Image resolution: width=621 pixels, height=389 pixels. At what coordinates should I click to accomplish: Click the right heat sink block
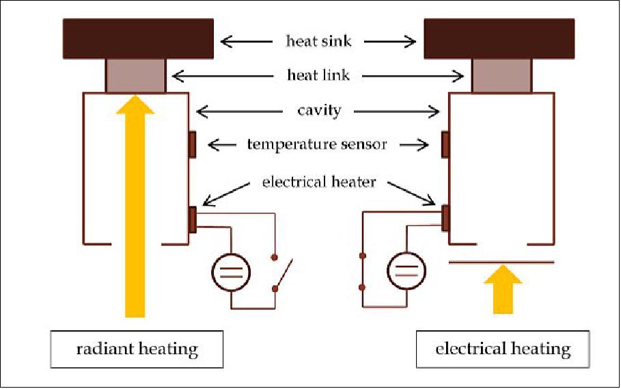click(499, 39)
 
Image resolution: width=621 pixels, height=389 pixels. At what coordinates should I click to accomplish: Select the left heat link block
click(135, 75)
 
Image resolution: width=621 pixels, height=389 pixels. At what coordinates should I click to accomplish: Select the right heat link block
click(501, 75)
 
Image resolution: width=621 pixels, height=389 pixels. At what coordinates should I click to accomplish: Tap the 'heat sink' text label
click(318, 41)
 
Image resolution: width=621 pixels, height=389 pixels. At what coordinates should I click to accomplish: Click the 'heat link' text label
click(318, 75)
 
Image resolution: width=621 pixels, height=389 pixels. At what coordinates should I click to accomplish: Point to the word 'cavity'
click(318, 110)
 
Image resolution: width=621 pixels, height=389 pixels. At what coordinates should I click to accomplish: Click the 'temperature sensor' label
click(317, 144)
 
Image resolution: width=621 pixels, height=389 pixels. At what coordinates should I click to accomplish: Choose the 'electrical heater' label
click(318, 183)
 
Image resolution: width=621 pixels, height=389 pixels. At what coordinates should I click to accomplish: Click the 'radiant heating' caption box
click(136, 350)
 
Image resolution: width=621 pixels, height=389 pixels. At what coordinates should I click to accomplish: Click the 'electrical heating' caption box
click(503, 349)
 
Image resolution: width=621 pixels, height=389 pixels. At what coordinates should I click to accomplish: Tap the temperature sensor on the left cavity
click(192, 144)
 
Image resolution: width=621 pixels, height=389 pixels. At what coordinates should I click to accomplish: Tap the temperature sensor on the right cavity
click(445, 144)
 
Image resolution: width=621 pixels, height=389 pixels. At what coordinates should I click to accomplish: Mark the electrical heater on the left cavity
click(192, 219)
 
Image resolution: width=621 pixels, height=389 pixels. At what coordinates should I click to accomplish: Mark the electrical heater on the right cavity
click(445, 217)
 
